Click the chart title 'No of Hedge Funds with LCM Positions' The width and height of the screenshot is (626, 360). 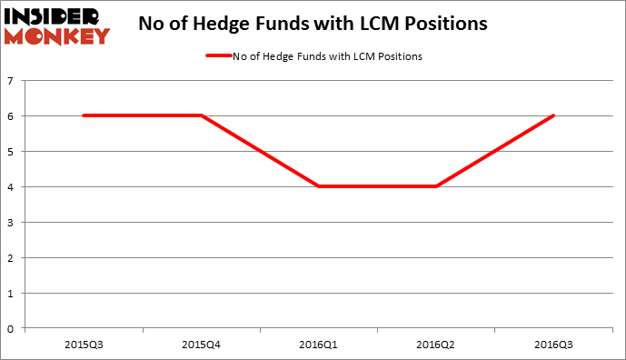click(313, 25)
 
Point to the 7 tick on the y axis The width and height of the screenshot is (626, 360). click(10, 81)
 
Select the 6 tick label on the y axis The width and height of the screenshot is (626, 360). click(10, 116)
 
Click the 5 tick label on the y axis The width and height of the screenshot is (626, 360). click(10, 152)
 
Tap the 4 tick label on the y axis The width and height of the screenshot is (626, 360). click(10, 187)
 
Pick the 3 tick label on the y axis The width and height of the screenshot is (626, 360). click(10, 223)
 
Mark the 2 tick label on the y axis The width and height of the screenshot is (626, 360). click(10, 258)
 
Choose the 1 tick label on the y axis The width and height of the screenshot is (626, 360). click(10, 294)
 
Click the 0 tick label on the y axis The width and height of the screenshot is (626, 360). click(10, 329)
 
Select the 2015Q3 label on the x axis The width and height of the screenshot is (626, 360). click(83, 345)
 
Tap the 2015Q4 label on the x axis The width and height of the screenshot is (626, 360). click(200, 345)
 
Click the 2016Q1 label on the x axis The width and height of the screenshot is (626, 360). click(318, 345)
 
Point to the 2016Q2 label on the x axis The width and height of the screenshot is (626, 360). click(436, 345)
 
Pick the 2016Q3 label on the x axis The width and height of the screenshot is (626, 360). click(553, 345)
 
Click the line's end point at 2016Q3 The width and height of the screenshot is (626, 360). click(553, 115)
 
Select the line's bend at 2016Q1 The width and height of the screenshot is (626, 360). click(318, 186)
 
